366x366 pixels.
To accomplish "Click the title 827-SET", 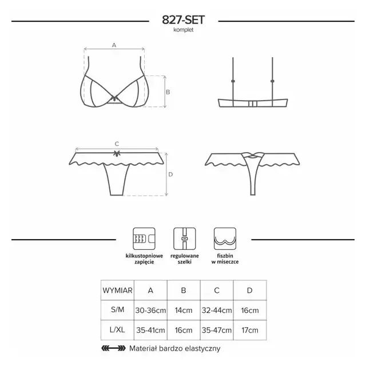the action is point(183,20).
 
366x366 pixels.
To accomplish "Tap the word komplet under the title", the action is point(184,30).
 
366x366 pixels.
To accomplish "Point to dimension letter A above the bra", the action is point(114,45).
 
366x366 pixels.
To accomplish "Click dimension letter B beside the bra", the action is point(168,92).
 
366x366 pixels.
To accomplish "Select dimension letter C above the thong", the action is point(117,144).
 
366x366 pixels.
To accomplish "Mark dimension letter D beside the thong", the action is point(170,174).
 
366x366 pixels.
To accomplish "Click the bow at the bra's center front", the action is point(114,99).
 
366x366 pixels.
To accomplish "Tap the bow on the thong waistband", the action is point(117,153).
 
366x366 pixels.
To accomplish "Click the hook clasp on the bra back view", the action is point(253,104).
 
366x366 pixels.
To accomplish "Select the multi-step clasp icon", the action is point(144,239).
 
